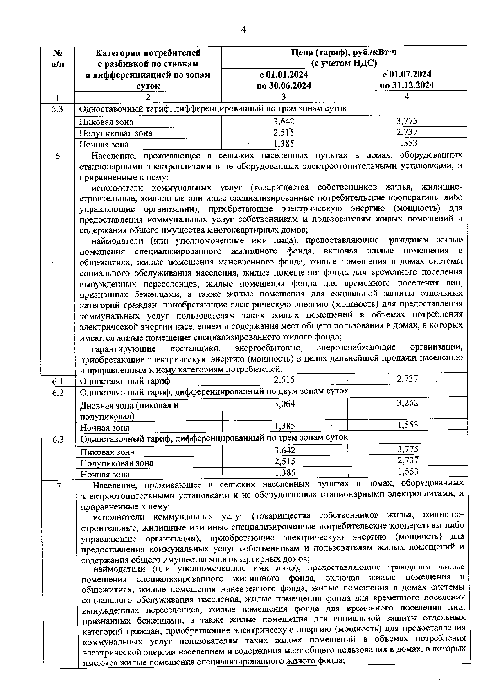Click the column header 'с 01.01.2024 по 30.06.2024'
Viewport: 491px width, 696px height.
284,80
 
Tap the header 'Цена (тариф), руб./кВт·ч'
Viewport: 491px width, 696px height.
344,57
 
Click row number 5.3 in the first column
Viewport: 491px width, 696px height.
58,109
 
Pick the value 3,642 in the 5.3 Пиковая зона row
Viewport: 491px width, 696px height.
284,122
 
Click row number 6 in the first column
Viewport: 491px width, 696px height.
58,156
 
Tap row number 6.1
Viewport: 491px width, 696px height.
58,381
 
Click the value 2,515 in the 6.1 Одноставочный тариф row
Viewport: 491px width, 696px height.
284,380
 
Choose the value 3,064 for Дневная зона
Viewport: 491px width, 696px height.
284,404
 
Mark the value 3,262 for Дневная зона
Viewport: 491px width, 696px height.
407,403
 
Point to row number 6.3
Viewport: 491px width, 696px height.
58,440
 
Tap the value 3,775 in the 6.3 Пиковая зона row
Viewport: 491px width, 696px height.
408,450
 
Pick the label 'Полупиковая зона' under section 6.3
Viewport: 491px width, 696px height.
117,463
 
